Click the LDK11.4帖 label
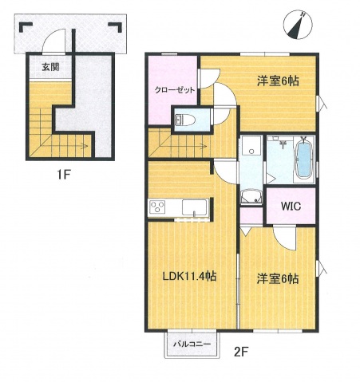(190, 277)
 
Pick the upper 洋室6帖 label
(277, 81)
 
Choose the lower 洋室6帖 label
(277, 279)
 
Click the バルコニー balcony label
(192, 344)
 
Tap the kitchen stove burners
(156, 208)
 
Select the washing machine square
(251, 148)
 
